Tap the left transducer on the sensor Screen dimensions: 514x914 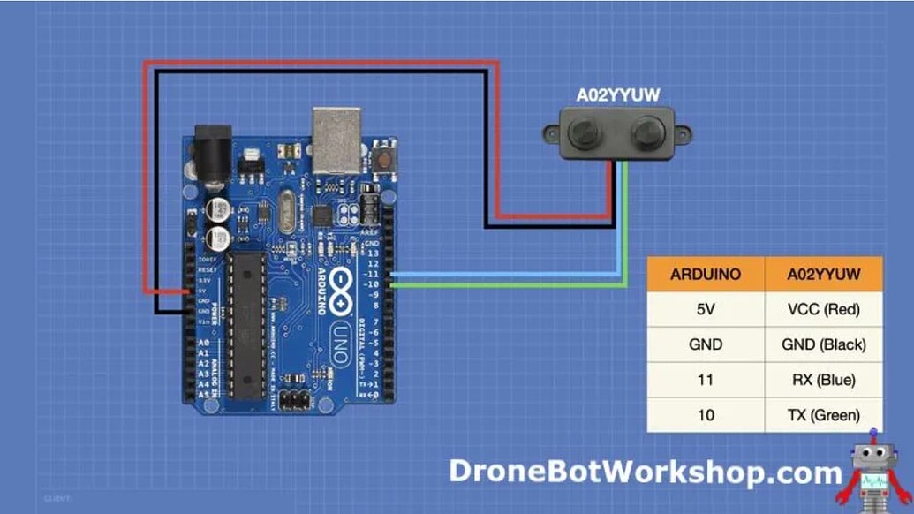pyautogui.click(x=583, y=133)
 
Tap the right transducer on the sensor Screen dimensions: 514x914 pyautogui.click(x=647, y=133)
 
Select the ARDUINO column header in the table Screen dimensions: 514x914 pyautogui.click(x=706, y=274)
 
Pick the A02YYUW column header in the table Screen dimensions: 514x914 pyautogui.click(x=824, y=274)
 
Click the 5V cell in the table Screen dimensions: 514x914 pyautogui.click(x=706, y=309)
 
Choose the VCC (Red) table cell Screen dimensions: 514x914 pyautogui.click(x=824, y=309)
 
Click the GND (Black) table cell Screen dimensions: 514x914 pyautogui.click(x=824, y=344)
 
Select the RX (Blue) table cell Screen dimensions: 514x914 pyautogui.click(x=824, y=380)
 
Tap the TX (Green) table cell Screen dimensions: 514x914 pyautogui.click(x=824, y=415)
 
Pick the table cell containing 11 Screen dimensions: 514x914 pyautogui.click(x=706, y=380)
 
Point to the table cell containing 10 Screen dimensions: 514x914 pyautogui.click(x=706, y=415)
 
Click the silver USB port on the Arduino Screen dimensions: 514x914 pyautogui.click(x=336, y=140)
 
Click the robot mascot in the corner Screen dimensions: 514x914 pyautogui.click(x=878, y=468)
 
